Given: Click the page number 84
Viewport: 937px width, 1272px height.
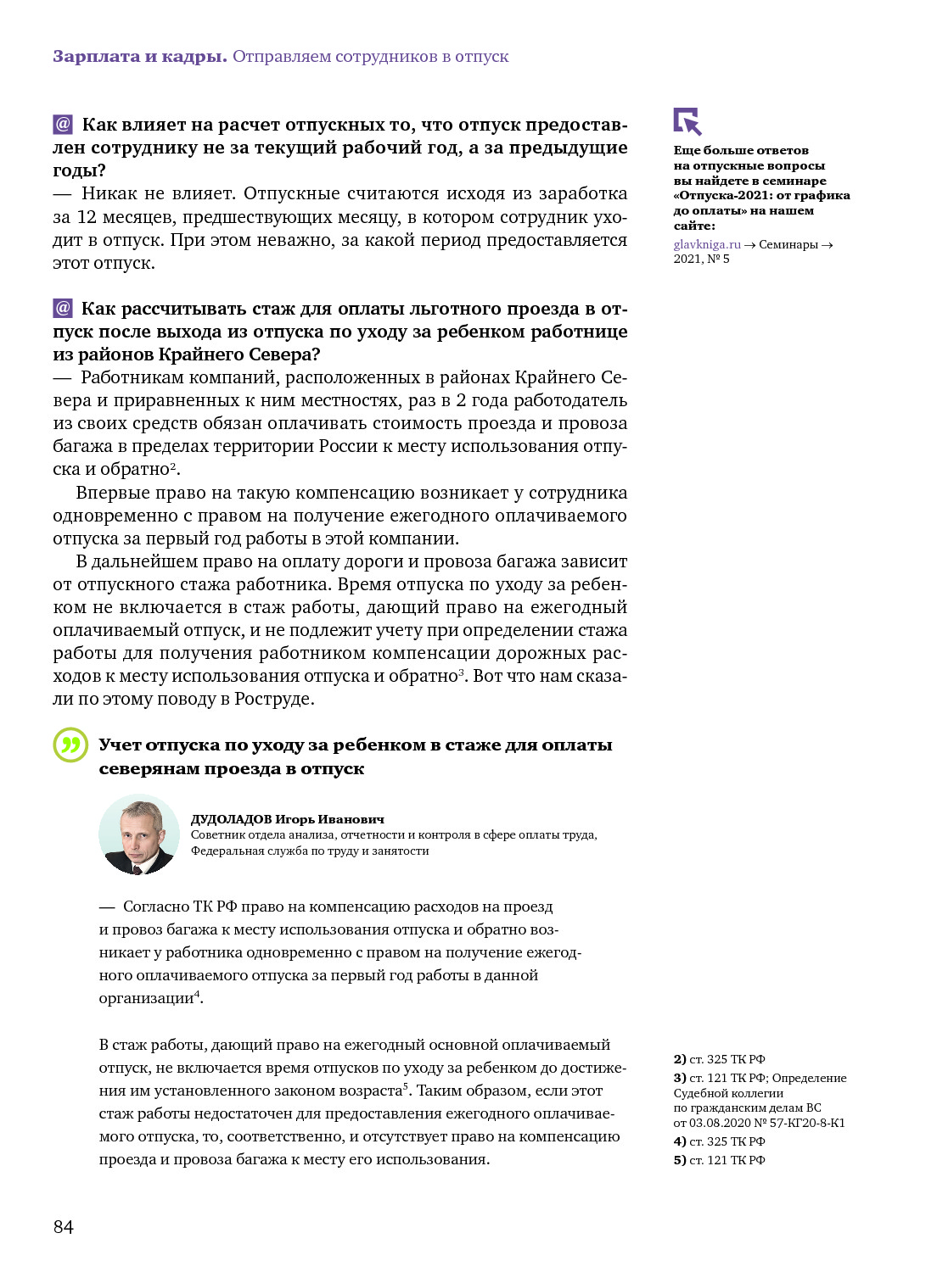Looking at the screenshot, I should coord(64,1226).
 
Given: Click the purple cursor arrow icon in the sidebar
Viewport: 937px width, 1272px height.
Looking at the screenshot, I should coord(687,121).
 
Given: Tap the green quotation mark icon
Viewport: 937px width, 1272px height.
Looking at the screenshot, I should coord(70,745).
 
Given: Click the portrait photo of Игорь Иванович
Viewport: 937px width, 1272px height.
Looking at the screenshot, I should coord(139,835).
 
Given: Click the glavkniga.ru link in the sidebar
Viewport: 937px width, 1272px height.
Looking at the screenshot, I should coord(707,244).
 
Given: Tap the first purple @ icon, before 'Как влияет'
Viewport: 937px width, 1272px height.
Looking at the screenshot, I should coord(63,125).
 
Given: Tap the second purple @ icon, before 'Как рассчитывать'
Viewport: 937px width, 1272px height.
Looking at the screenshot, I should coord(63,308).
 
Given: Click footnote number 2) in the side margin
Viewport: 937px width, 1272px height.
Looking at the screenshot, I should coord(680,1059).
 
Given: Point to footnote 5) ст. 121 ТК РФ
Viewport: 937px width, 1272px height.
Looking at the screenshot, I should coord(720,1160).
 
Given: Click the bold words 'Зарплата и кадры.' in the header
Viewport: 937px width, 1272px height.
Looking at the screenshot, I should coord(140,57).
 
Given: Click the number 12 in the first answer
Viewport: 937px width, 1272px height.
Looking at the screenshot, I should coord(87,217).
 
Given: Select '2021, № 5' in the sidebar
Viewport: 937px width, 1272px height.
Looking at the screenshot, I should coord(702,259).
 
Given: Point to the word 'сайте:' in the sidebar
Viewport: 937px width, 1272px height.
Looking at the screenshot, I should coord(694,226).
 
